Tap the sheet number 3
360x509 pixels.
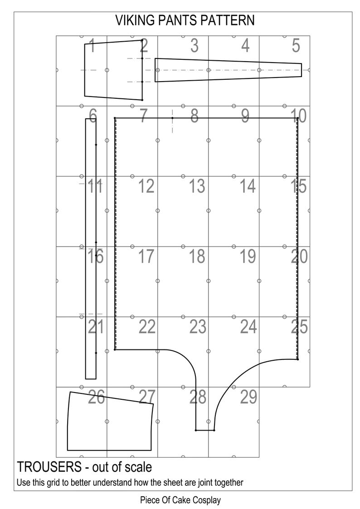(x=195, y=45)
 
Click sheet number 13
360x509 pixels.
(x=197, y=186)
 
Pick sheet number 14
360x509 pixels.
(x=248, y=186)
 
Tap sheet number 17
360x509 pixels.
(x=146, y=257)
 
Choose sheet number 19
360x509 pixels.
(x=248, y=257)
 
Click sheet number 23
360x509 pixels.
(x=198, y=327)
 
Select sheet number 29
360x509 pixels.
(x=248, y=397)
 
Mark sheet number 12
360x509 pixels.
(x=146, y=186)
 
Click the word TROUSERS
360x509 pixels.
(x=49, y=467)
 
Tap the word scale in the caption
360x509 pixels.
(x=139, y=467)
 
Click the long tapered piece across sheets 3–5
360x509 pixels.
(x=228, y=70)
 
